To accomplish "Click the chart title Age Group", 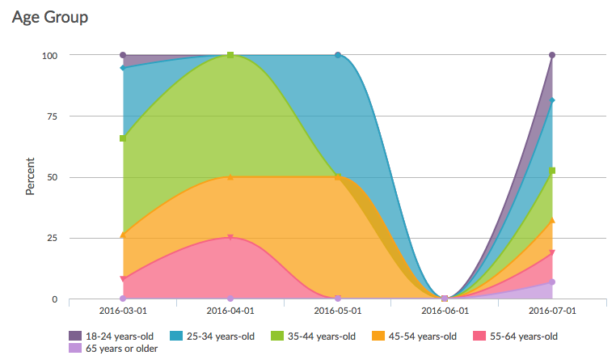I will (50, 16).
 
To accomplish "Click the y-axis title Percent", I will (30, 176).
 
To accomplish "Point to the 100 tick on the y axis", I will (50, 55).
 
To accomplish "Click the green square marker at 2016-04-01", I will (230, 55).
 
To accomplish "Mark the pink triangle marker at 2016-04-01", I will (230, 238).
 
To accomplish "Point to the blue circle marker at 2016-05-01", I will (338, 55).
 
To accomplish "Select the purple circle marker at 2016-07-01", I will (552, 55).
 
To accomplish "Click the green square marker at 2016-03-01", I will (123, 138).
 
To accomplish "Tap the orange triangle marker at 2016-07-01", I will (552, 220).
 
